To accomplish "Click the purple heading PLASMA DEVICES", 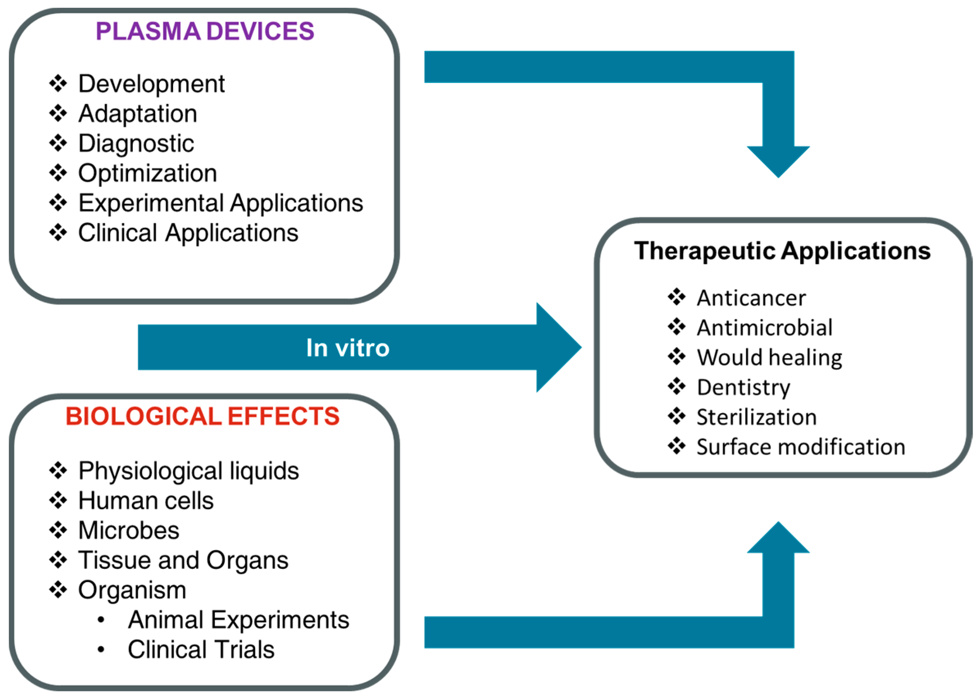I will pyautogui.click(x=204, y=31).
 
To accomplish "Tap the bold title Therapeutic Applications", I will pyautogui.click(x=782, y=251).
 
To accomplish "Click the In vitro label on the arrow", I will pyautogui.click(x=348, y=348).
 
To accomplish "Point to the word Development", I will pyautogui.click(x=151, y=84).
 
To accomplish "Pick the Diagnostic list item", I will pyautogui.click(x=136, y=144).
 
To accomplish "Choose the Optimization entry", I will pyautogui.click(x=147, y=173).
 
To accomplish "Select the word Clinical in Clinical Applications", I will pyautogui.click(x=117, y=233).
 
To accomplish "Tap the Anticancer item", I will pyautogui.click(x=751, y=298).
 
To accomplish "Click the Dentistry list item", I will pyautogui.click(x=743, y=387).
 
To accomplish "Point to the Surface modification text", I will pyautogui.click(x=801, y=447).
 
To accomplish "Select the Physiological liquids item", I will pyautogui.click(x=188, y=471).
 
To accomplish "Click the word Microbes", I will pyautogui.click(x=128, y=530).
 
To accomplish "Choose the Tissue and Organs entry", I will pyautogui.click(x=183, y=560).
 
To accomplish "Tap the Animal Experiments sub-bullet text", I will pyautogui.click(x=238, y=620).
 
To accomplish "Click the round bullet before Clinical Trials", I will pyautogui.click(x=101, y=650).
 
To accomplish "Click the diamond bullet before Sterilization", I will pyautogui.click(x=677, y=416).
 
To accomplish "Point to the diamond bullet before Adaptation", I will pyautogui.click(x=58, y=113).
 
